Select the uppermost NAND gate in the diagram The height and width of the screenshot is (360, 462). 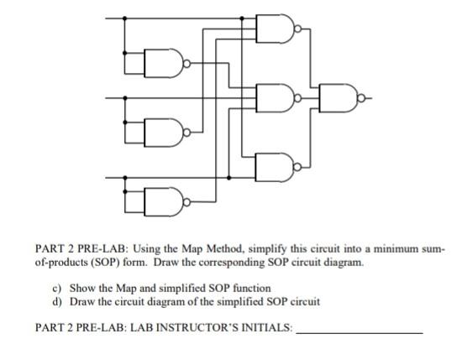click(x=286, y=31)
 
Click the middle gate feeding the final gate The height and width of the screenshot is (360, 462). click(x=286, y=97)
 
